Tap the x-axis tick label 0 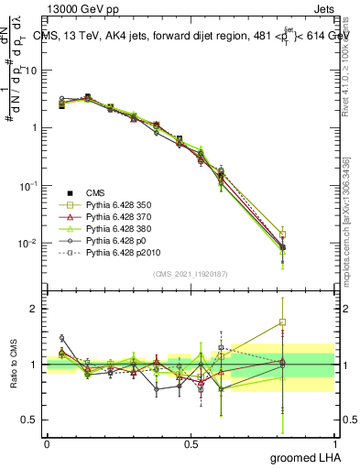point(47,443)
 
